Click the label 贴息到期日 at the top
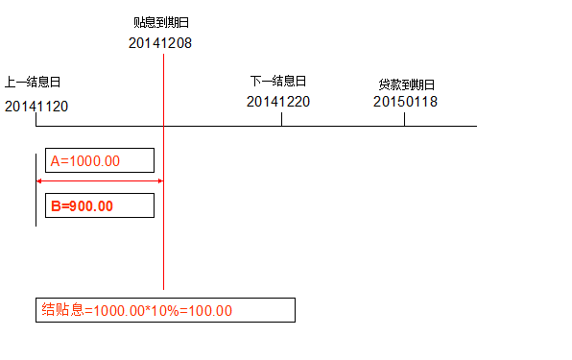(x=160, y=21)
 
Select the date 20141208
(x=160, y=42)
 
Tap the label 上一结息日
(x=32, y=83)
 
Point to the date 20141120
(x=36, y=106)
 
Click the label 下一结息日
(x=277, y=81)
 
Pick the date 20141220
(x=278, y=101)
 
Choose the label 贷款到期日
(x=406, y=84)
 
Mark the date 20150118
(x=405, y=101)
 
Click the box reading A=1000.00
(x=99, y=160)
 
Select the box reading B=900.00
(x=99, y=205)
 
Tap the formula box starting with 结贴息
(x=165, y=310)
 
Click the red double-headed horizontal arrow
(x=99, y=180)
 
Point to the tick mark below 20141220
(x=281, y=119)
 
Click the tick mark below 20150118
(x=404, y=119)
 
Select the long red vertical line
(x=163, y=240)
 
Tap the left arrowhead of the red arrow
(x=39, y=180)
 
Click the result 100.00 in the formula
(x=212, y=311)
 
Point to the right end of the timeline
(x=475, y=126)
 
